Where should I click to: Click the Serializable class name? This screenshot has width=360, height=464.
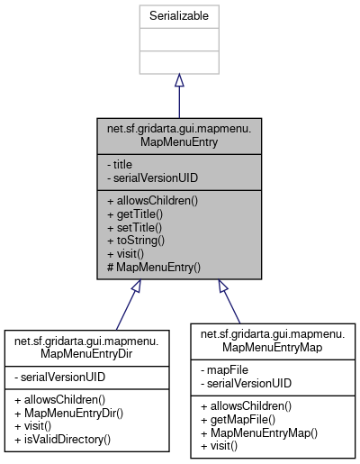pos(179,17)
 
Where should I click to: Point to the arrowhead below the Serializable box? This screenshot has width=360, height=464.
pos(179,80)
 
